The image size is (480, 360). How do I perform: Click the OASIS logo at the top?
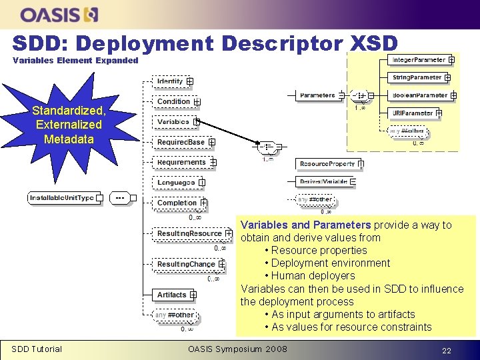59,14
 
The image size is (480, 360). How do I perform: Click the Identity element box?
170,81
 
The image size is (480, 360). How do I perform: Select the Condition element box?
174,101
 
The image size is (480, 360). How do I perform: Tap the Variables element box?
173,122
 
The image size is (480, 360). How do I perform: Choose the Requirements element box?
181,162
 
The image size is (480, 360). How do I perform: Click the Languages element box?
176,182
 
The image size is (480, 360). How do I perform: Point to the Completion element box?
177,203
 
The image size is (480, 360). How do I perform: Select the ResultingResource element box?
189,233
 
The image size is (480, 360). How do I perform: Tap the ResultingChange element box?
186,264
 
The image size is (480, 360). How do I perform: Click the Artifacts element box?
172,295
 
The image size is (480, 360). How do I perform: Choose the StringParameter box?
417,77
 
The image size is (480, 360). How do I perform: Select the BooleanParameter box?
419,95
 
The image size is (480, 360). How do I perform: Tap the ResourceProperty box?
327,163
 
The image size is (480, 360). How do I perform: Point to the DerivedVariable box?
323,181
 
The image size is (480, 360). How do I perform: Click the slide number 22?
447,349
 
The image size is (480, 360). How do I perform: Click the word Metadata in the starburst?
69,139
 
